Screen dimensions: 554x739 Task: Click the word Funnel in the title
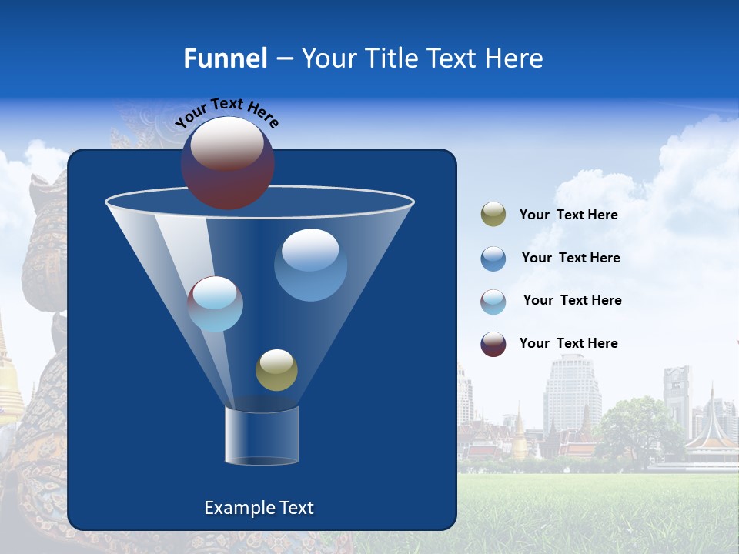point(225,58)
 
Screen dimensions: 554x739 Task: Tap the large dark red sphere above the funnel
point(227,163)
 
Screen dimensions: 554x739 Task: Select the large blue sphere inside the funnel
point(310,265)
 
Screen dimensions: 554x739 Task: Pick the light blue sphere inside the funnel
point(216,304)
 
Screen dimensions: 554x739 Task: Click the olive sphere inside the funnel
point(276,370)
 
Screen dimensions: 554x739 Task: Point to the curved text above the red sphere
point(226,112)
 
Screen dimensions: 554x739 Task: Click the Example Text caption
point(259,508)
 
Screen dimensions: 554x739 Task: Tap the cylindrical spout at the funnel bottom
point(261,436)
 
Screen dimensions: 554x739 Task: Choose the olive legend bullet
point(493,215)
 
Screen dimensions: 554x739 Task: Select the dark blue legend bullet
point(493,259)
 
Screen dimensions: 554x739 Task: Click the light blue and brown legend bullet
point(493,302)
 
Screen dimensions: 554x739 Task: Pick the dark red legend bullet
point(493,344)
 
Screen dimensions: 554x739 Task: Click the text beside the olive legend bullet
point(568,215)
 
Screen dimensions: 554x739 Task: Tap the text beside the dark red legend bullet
point(568,343)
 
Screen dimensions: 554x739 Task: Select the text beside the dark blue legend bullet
point(570,258)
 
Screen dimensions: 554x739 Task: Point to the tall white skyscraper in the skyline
point(572,392)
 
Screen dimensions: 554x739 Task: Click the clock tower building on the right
point(677,396)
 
